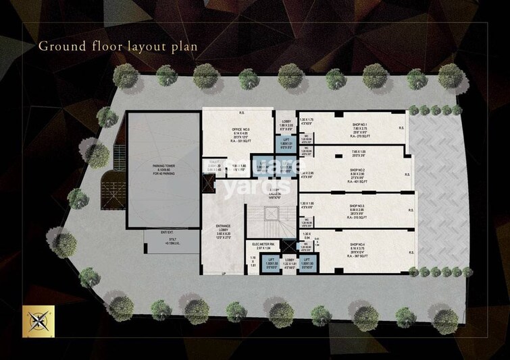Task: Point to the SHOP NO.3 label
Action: click(x=358, y=205)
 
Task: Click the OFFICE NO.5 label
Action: click(x=222, y=129)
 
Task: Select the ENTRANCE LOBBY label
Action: click(x=222, y=227)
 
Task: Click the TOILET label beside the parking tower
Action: click(x=214, y=162)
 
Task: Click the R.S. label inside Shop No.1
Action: click(x=401, y=127)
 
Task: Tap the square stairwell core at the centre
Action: click(x=270, y=214)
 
